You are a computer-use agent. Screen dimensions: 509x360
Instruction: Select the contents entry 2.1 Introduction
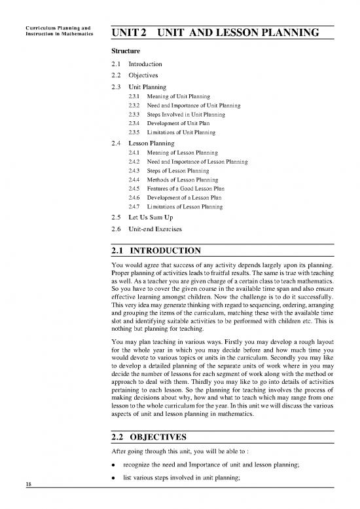click(x=133, y=64)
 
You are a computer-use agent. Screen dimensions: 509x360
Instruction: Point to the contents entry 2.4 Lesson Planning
click(x=138, y=142)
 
